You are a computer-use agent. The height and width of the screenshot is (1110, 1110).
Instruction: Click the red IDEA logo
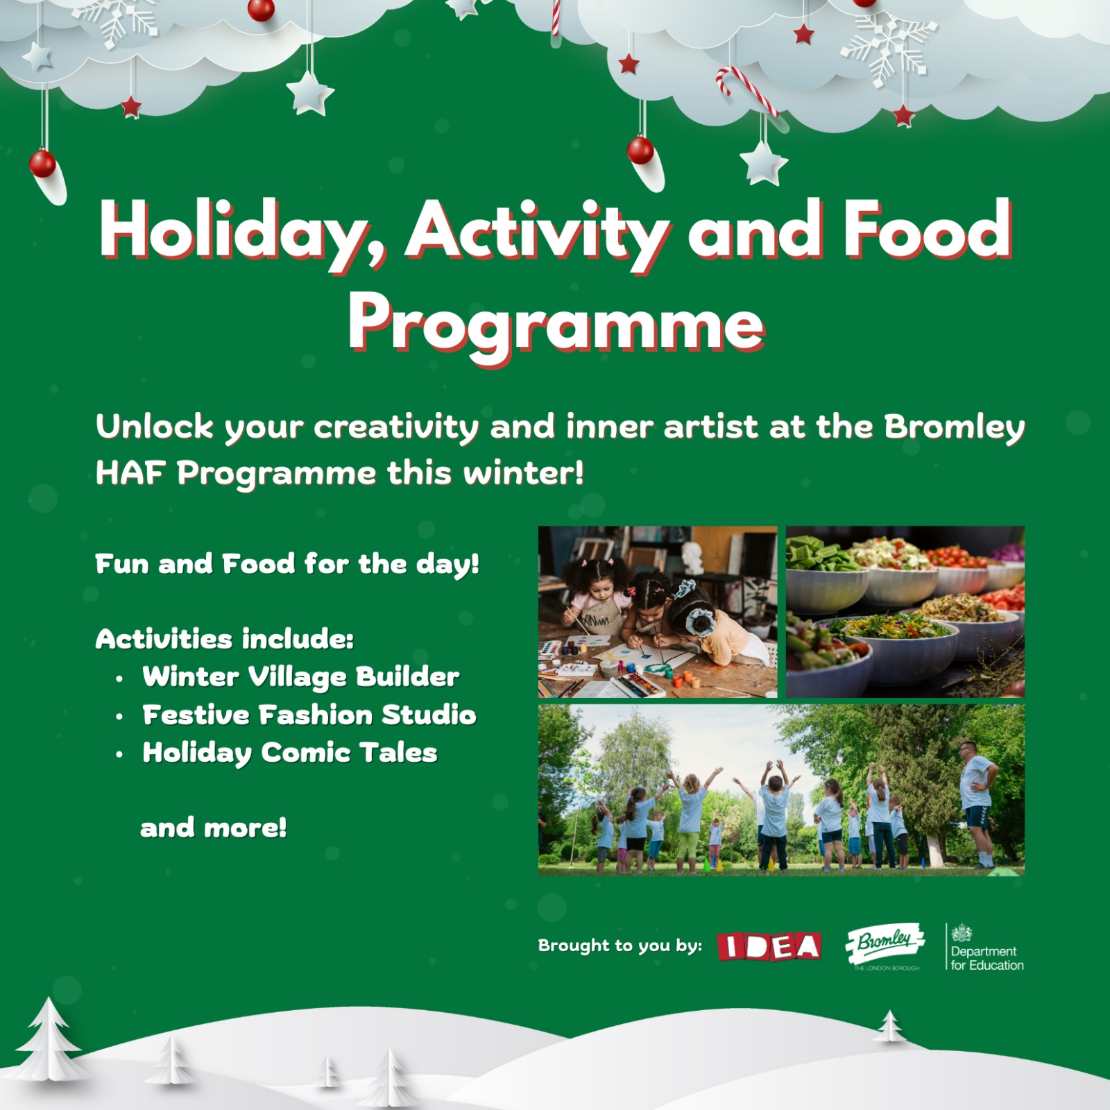click(769, 946)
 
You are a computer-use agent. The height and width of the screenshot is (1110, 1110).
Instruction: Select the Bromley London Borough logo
click(885, 945)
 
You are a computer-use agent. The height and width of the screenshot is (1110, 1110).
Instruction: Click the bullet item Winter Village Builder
click(300, 677)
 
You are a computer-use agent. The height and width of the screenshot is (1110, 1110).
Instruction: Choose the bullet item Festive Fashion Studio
click(309, 715)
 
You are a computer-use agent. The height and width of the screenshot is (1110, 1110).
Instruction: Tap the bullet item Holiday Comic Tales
click(289, 753)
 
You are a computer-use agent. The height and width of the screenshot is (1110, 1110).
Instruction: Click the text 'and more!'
click(213, 828)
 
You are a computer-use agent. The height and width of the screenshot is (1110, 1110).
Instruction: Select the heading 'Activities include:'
click(224, 639)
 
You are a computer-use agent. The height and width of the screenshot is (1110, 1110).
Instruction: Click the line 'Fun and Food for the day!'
click(287, 564)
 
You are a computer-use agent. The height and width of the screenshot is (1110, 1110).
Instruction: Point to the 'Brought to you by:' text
click(620, 946)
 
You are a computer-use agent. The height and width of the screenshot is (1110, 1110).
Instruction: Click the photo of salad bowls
click(905, 612)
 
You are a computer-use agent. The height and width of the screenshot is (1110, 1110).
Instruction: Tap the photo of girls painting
click(657, 612)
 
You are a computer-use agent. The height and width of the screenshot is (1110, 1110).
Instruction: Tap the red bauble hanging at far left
click(42, 164)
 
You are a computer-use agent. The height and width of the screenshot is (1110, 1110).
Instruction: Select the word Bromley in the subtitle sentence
click(953, 427)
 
